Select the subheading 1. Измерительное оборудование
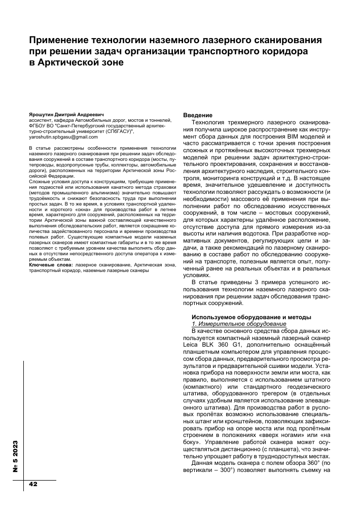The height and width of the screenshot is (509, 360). tap(238, 324)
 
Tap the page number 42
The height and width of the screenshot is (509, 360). tap(33, 484)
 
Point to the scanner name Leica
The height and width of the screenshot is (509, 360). tap(193, 344)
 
